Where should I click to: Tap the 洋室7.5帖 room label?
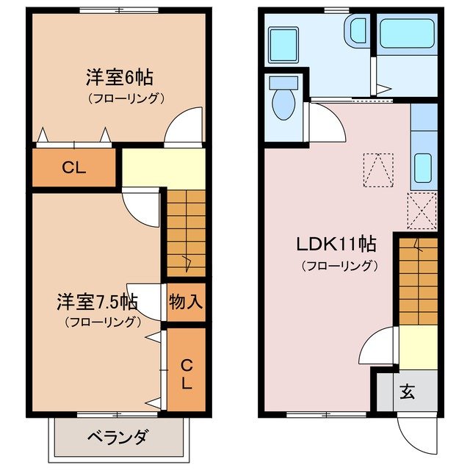pos(97,302)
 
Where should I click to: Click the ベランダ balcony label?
pos(117,438)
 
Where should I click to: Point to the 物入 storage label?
pos(186,301)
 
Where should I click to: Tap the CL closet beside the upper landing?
pos(73,167)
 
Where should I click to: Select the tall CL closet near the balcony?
pos(187,372)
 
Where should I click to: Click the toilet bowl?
pos(283,101)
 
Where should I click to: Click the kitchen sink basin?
pos(423,168)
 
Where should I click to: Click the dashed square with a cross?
pos(422,210)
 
